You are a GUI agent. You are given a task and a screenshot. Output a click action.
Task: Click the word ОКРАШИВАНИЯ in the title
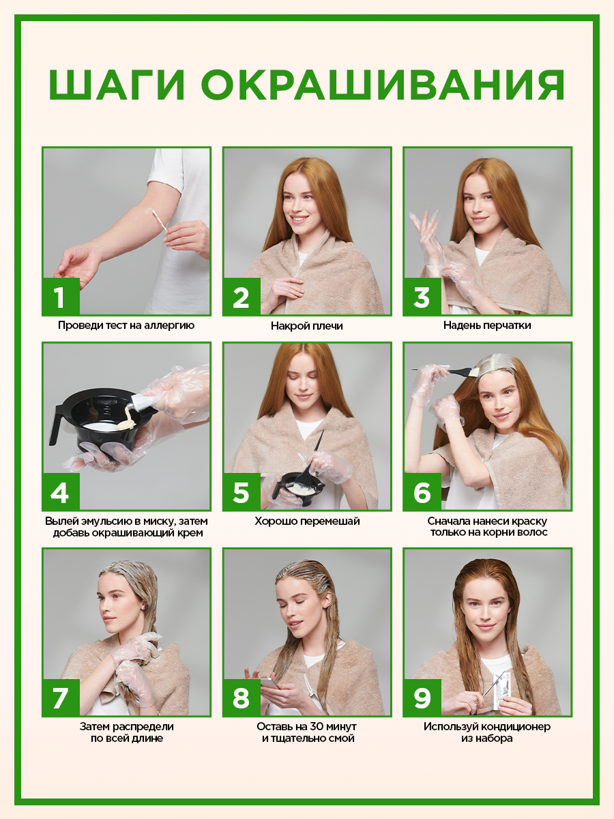click(383, 85)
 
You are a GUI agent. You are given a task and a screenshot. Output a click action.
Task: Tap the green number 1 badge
click(61, 297)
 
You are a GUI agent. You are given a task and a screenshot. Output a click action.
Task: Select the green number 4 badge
click(61, 492)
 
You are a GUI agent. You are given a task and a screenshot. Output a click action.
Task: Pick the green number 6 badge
click(422, 492)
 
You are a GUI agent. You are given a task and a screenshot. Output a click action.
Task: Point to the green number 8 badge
click(242, 698)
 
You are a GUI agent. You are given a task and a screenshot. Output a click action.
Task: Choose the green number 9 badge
click(422, 698)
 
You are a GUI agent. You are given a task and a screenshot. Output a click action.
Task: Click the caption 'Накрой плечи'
click(307, 326)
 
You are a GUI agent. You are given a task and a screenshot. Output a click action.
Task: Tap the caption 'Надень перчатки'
click(487, 326)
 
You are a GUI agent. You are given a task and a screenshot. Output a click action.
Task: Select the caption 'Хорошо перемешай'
click(307, 521)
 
